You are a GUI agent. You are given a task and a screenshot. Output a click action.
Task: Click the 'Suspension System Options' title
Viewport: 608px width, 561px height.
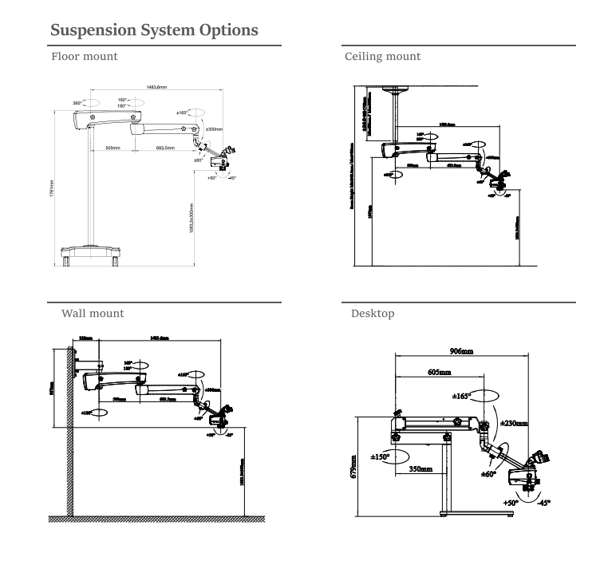click(154, 30)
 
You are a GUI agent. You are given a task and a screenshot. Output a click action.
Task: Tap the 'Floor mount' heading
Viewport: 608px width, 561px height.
click(85, 57)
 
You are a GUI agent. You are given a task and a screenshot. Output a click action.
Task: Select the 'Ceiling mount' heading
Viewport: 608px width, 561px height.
click(382, 57)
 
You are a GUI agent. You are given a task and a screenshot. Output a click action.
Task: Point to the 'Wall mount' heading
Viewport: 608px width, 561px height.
click(93, 314)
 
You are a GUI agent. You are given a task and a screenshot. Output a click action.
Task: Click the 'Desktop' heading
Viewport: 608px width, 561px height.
click(373, 314)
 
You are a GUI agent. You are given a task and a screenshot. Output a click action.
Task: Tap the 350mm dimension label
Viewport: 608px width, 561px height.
click(420, 469)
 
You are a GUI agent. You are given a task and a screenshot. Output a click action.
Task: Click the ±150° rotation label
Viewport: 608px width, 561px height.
click(385, 457)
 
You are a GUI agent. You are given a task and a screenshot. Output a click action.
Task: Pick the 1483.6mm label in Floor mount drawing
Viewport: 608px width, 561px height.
click(151, 85)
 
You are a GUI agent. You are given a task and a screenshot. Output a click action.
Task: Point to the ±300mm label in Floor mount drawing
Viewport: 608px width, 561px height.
click(214, 128)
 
